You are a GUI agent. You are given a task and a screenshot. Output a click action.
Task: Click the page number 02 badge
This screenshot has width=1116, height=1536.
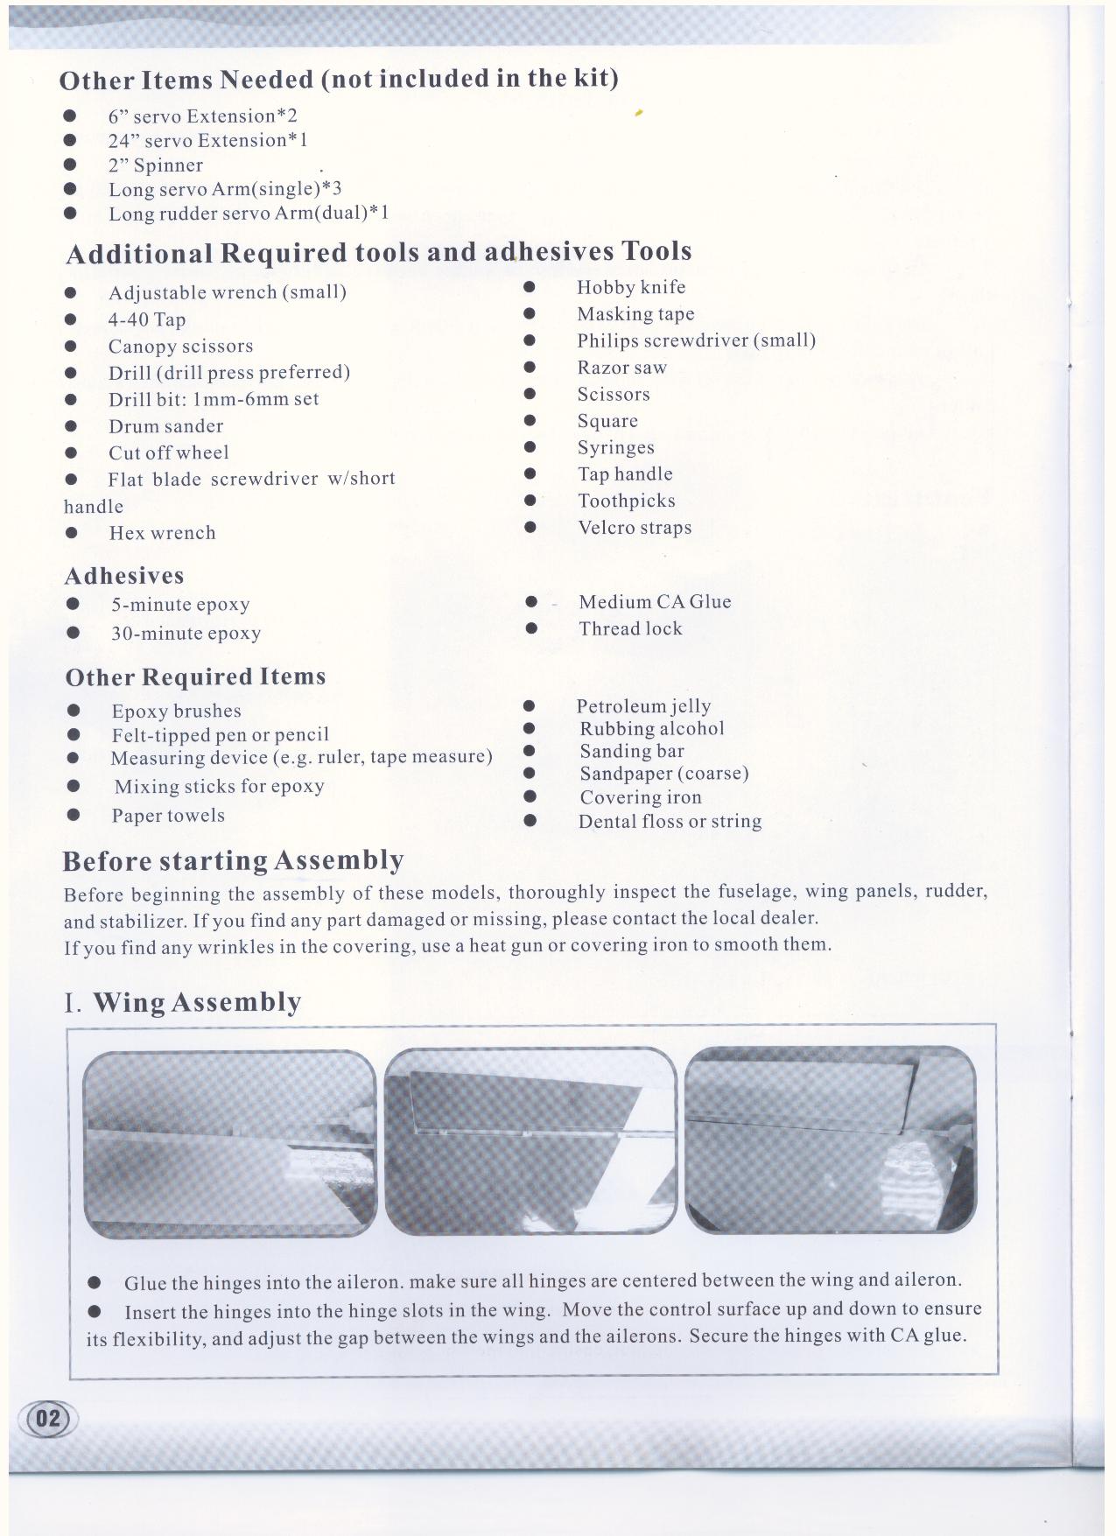(48, 1418)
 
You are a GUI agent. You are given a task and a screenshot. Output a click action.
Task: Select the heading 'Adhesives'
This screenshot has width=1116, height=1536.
(124, 576)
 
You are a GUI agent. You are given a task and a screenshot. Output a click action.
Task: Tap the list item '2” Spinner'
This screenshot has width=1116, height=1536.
(155, 165)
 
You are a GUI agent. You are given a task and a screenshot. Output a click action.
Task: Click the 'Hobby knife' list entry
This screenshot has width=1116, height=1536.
(631, 288)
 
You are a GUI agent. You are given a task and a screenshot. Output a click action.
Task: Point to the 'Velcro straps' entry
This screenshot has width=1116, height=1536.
(635, 528)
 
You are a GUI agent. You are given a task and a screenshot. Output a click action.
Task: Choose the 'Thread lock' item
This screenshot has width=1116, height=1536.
(630, 628)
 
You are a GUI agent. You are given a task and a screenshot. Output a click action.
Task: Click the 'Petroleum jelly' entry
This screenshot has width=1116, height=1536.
(643, 706)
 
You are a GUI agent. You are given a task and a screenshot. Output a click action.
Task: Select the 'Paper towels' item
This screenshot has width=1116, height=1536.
(168, 816)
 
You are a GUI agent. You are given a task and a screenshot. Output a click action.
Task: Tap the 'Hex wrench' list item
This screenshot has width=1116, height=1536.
(162, 533)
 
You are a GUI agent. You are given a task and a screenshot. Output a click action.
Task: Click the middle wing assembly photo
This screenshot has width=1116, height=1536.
(530, 1141)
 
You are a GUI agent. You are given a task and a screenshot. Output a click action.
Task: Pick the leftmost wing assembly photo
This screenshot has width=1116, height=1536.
(229, 1143)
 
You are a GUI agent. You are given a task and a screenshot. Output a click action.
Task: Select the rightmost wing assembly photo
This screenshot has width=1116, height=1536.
(830, 1140)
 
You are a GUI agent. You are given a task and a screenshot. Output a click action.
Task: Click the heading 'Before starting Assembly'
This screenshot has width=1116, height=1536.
(233, 861)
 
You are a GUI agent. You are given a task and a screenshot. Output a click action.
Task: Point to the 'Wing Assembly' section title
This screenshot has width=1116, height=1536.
(197, 1002)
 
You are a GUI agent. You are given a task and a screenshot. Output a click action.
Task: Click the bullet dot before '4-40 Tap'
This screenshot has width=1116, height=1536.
(71, 320)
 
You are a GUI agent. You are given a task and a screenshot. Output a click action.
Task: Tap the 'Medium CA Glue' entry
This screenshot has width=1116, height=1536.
(655, 602)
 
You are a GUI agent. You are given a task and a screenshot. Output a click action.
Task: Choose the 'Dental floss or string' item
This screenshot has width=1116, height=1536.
(670, 822)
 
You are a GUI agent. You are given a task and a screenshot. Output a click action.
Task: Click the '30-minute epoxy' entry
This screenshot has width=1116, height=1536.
(186, 634)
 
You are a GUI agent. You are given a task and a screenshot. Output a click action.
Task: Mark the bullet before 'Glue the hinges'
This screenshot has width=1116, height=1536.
(95, 1283)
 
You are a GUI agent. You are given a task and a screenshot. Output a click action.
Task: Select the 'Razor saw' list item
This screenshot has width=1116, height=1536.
(621, 368)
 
